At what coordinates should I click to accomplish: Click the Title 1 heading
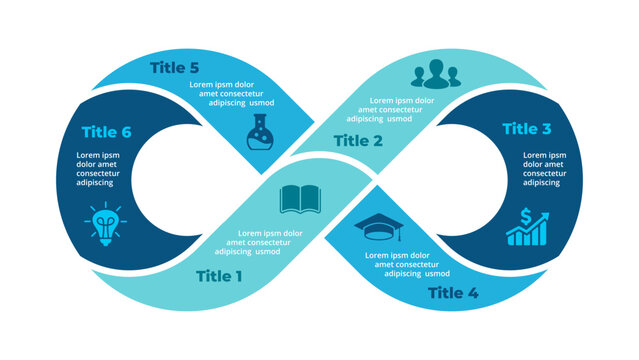(219, 276)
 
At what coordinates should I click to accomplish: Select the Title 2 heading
(358, 141)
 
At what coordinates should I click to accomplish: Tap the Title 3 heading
(526, 129)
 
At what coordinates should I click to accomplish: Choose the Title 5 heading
(180, 68)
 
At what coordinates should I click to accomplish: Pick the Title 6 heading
(107, 130)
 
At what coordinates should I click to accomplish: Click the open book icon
(299, 199)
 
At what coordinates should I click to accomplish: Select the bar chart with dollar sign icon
(526, 227)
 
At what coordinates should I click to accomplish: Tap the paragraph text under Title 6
(99, 169)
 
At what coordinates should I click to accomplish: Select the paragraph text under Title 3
(544, 169)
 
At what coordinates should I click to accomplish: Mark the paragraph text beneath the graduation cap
(404, 264)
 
